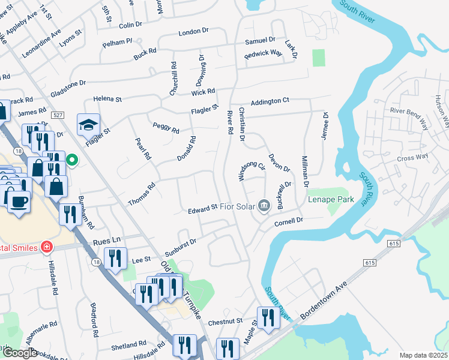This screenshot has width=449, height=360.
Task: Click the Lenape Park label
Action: coord(331,199)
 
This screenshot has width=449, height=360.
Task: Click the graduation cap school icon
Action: coord(88,125)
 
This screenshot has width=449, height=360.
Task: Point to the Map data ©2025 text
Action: coord(423,355)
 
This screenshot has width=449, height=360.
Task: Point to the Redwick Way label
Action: coord(263,54)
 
